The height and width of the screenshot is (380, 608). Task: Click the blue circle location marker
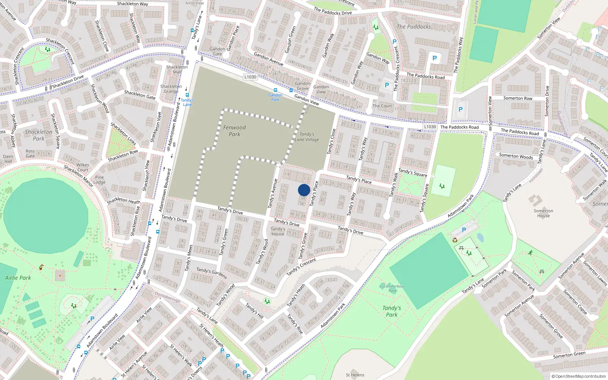coord(304,190)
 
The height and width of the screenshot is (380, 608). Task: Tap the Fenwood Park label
coord(234,131)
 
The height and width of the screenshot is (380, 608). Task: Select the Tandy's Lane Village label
coord(307,137)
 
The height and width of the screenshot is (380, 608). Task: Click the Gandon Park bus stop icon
coord(275,90)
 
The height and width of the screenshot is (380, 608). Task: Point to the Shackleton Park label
coord(38,135)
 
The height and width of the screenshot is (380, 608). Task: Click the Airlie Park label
coord(18,278)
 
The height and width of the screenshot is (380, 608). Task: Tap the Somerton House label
coord(543,213)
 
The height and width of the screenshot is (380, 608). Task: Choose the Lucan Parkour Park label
coord(393,288)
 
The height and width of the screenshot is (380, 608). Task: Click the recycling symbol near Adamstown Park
coord(455,240)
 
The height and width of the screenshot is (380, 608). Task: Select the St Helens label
coord(355,375)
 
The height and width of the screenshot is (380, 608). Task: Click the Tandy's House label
coord(278,231)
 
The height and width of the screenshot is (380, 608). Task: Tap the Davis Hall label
coord(8,159)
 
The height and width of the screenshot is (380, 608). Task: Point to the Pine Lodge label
coord(100,180)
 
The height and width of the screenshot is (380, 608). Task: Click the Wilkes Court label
coord(83,167)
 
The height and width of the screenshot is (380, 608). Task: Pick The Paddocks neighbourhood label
coord(414,27)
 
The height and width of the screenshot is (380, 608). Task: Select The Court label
coord(382,106)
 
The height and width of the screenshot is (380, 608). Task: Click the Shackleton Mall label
coord(177,70)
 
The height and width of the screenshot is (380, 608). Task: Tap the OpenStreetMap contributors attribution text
coord(579,376)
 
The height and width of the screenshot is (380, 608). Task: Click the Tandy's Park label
coord(392,311)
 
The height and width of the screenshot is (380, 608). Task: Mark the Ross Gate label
coord(30,154)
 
